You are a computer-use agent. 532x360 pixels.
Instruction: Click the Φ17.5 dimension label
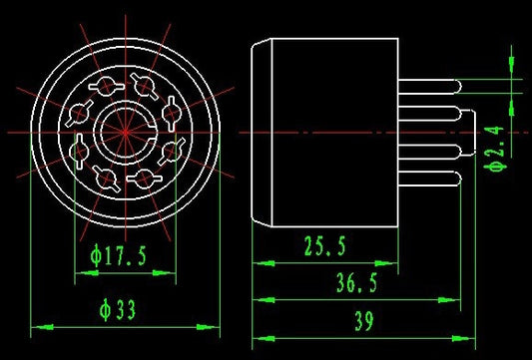pos(119,255)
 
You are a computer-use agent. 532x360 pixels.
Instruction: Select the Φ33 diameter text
pos(118,309)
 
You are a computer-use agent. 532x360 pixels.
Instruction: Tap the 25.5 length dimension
pos(325,245)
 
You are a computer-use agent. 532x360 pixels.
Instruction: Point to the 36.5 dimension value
pos(357,282)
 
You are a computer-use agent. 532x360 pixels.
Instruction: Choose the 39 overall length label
pos(364,321)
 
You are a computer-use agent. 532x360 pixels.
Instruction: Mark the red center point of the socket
pos(126,133)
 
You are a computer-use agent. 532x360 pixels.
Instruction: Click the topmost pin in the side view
pos(429,87)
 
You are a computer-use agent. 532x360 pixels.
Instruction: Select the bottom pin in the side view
pos(430,179)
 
